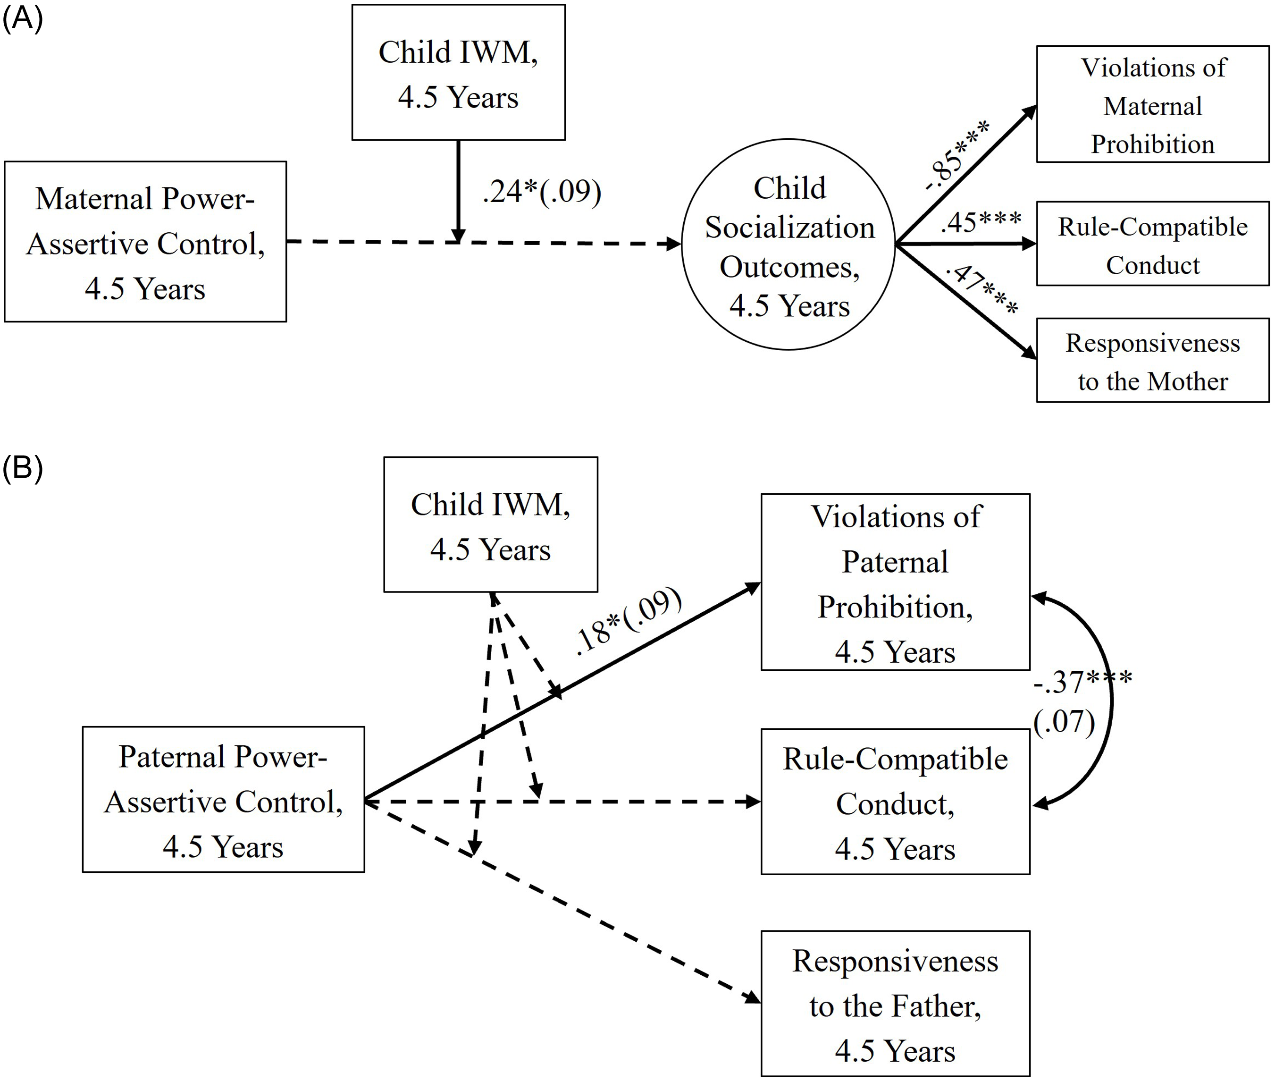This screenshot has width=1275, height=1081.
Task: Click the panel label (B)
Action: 23,469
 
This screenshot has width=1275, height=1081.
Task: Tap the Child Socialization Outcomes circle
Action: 788,245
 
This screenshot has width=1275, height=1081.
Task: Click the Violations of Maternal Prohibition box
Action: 1152,105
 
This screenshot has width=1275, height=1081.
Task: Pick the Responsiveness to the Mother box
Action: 1152,361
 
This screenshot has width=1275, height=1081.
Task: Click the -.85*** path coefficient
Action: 956,156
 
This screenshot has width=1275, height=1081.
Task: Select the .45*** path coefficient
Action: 981,222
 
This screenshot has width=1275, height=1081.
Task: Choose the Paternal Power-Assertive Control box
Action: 224,800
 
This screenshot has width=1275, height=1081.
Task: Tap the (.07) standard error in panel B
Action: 1064,722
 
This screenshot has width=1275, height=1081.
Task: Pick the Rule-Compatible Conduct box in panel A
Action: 1152,245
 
